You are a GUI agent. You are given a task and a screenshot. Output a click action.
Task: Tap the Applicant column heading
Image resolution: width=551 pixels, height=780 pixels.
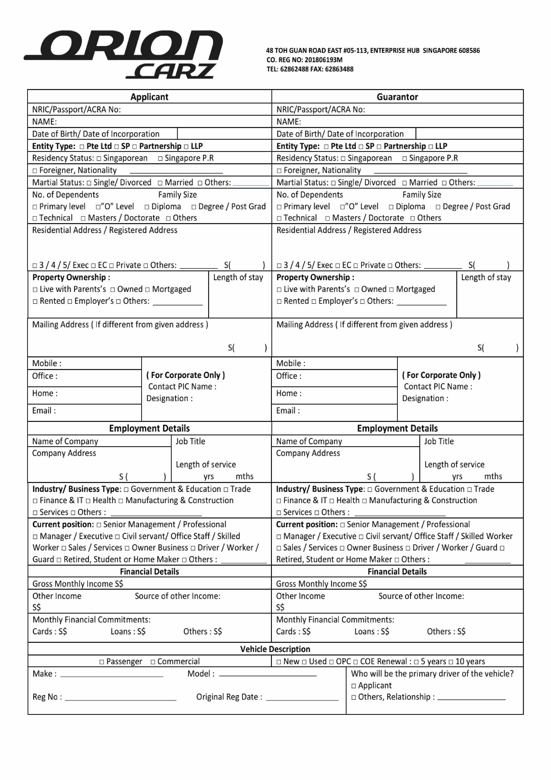point(149,97)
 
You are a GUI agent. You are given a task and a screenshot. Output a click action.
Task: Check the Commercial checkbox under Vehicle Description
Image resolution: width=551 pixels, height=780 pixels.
point(153,662)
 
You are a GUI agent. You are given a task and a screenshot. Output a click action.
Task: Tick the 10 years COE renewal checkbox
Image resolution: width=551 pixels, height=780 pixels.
point(451,662)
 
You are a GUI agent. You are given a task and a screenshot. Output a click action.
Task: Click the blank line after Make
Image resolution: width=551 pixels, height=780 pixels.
point(112,675)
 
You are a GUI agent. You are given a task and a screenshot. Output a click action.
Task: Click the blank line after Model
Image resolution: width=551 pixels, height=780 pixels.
point(268,675)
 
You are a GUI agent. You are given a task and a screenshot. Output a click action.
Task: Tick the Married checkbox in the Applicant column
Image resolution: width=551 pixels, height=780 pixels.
point(160,183)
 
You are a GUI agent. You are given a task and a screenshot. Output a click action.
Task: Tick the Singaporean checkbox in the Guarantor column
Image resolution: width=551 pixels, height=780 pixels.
point(343,159)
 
